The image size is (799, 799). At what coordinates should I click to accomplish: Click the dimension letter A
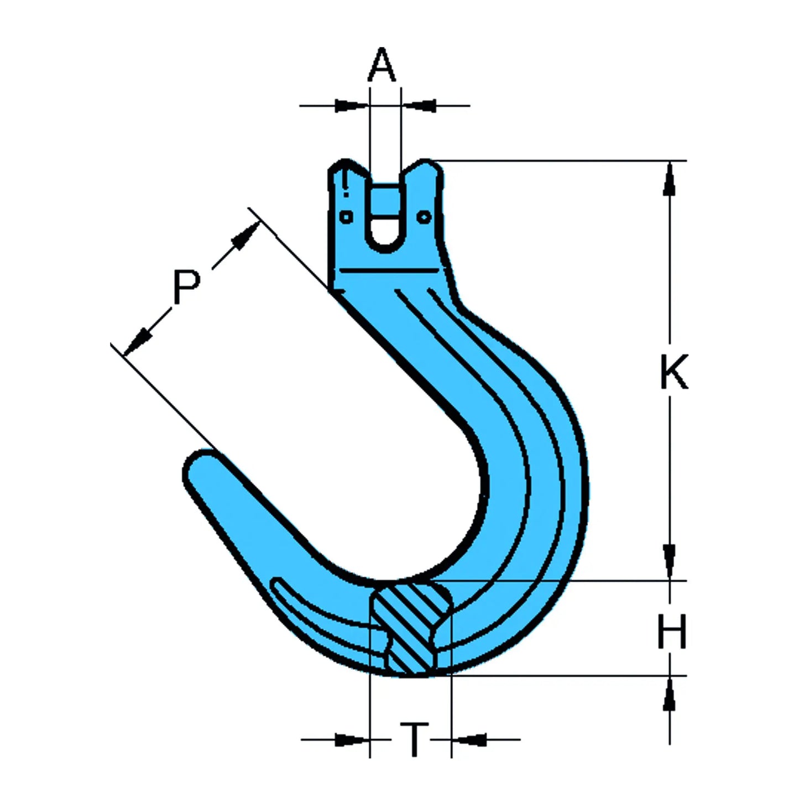point(383,65)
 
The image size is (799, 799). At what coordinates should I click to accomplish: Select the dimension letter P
point(186,287)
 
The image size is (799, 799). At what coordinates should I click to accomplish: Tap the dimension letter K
point(674,372)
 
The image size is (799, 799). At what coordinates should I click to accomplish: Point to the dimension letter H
point(672,631)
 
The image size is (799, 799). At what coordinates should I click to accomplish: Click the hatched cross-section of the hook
point(409,630)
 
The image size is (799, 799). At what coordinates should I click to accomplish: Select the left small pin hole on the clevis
point(346,217)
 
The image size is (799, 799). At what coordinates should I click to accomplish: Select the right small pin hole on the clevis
point(424,217)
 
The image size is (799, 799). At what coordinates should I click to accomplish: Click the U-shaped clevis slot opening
point(385,221)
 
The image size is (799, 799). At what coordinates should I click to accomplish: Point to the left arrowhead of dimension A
point(350,105)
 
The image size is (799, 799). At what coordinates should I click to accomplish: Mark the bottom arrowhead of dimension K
point(670,560)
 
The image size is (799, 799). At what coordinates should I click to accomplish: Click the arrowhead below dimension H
point(670,694)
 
